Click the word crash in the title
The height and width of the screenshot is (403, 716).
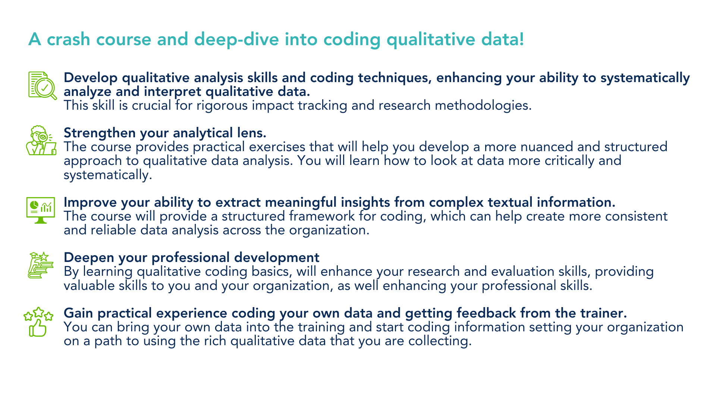click(68, 40)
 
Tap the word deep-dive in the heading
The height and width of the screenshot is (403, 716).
click(236, 40)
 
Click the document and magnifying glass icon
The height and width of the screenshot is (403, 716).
click(42, 85)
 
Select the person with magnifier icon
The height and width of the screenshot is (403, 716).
click(41, 140)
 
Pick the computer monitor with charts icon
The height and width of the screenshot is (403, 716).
click(41, 210)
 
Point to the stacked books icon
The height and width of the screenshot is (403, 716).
click(41, 265)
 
